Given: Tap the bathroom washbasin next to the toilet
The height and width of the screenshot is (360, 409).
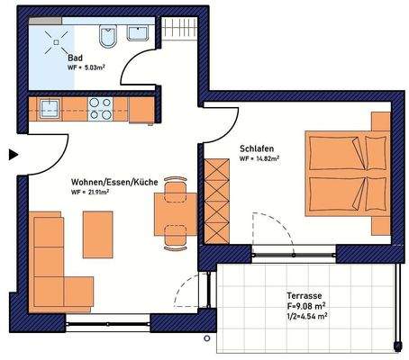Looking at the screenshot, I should [x=139, y=34].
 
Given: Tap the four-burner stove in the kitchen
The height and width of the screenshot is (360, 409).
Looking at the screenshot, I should [x=100, y=110].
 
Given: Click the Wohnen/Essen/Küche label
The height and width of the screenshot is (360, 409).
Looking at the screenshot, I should [x=114, y=182].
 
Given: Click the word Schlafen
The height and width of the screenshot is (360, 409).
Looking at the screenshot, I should [x=257, y=148].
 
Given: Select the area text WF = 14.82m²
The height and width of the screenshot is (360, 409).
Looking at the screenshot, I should [x=259, y=159].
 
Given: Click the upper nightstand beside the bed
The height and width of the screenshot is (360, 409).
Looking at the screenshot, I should [x=380, y=122].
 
